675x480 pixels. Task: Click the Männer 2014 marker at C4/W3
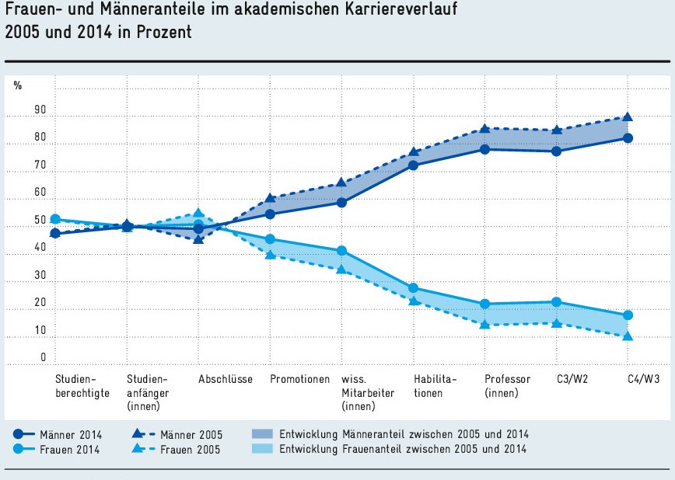click(628, 138)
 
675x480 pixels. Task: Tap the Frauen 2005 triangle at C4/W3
click(628, 336)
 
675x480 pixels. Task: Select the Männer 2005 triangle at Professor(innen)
click(484, 129)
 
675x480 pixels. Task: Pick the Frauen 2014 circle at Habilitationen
click(413, 288)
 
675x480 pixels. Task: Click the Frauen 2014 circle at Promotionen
click(270, 239)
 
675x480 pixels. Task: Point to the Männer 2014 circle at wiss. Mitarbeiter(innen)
click(341, 202)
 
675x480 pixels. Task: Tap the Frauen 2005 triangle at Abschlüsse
click(198, 213)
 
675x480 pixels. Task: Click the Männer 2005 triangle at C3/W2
click(556, 130)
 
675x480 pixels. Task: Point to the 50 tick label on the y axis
click(40, 221)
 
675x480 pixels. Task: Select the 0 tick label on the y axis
click(44, 358)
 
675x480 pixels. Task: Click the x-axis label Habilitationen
click(435, 386)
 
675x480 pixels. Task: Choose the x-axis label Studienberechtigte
click(82, 386)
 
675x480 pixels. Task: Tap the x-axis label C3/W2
click(572, 380)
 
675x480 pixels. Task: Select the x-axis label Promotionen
click(300, 380)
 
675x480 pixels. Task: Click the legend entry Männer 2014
click(71, 434)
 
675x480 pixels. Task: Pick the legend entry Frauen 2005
click(190, 449)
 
